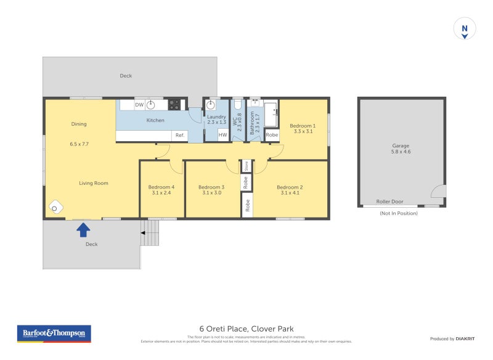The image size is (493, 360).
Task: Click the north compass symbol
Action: pyautogui.click(x=465, y=29)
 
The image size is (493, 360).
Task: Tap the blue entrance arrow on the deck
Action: pyautogui.click(x=83, y=230)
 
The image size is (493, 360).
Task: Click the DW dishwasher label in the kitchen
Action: pyautogui.click(x=139, y=105)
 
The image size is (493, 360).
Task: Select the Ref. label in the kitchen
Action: pyautogui.click(x=180, y=135)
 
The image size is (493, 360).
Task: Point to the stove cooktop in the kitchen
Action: pyautogui.click(x=174, y=105)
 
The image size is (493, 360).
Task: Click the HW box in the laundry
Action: pyautogui.click(x=222, y=135)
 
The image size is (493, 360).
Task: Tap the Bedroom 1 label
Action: pyautogui.click(x=303, y=126)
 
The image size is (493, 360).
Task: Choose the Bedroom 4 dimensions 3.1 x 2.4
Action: pyautogui.click(x=161, y=193)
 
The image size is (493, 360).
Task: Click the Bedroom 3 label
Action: pyautogui.click(x=211, y=187)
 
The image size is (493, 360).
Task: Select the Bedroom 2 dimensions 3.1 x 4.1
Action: pyautogui.click(x=289, y=193)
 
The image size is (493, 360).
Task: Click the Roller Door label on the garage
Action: pyautogui.click(x=389, y=202)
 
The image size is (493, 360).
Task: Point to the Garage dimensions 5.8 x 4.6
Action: pyautogui.click(x=401, y=152)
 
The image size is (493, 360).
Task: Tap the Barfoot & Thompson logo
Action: pyautogui.click(x=54, y=333)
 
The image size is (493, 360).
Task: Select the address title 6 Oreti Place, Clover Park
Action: pyautogui.click(x=246, y=329)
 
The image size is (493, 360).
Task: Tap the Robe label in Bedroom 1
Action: pyautogui.click(x=272, y=135)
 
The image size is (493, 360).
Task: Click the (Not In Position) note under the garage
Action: pyautogui.click(x=399, y=213)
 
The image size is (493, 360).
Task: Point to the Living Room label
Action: pyautogui.click(x=94, y=183)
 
